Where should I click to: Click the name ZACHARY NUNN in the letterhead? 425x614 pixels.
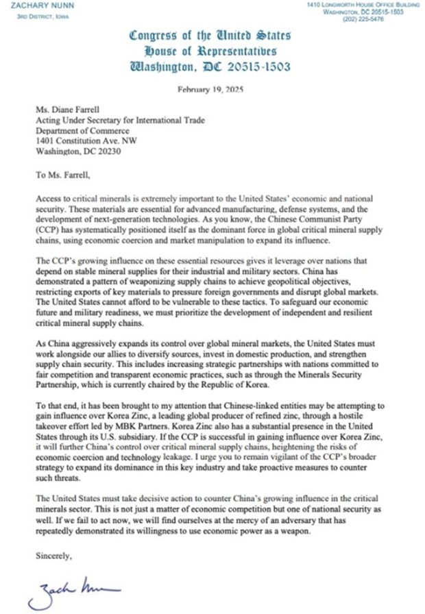(28, 6)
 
